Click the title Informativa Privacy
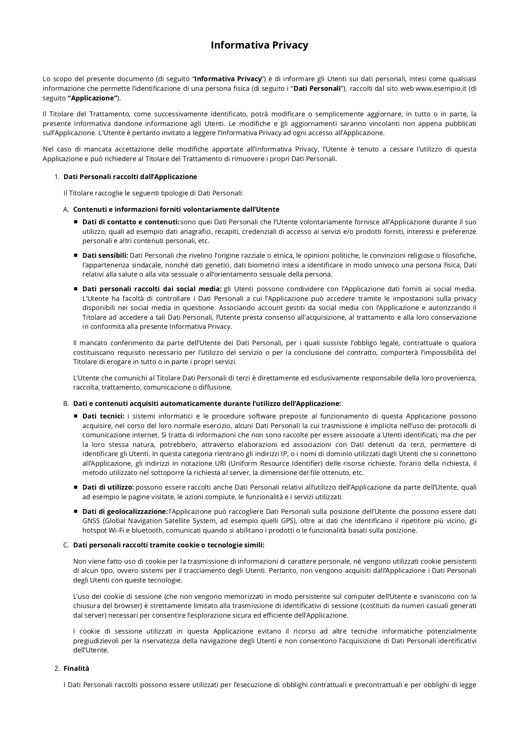(259, 45)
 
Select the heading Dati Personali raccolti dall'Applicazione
(130, 177)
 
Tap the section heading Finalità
(76, 668)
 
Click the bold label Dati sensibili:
(105, 255)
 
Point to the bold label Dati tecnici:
(103, 416)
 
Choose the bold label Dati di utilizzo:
(108, 487)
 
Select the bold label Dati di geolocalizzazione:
(125, 511)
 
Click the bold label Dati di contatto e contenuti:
(130, 222)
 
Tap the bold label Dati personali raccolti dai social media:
(152, 289)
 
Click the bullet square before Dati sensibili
(76, 255)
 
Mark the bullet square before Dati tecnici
(76, 416)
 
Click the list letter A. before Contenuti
(66, 209)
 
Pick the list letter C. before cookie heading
(66, 545)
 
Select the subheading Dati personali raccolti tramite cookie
(168, 545)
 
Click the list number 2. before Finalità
(57, 668)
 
